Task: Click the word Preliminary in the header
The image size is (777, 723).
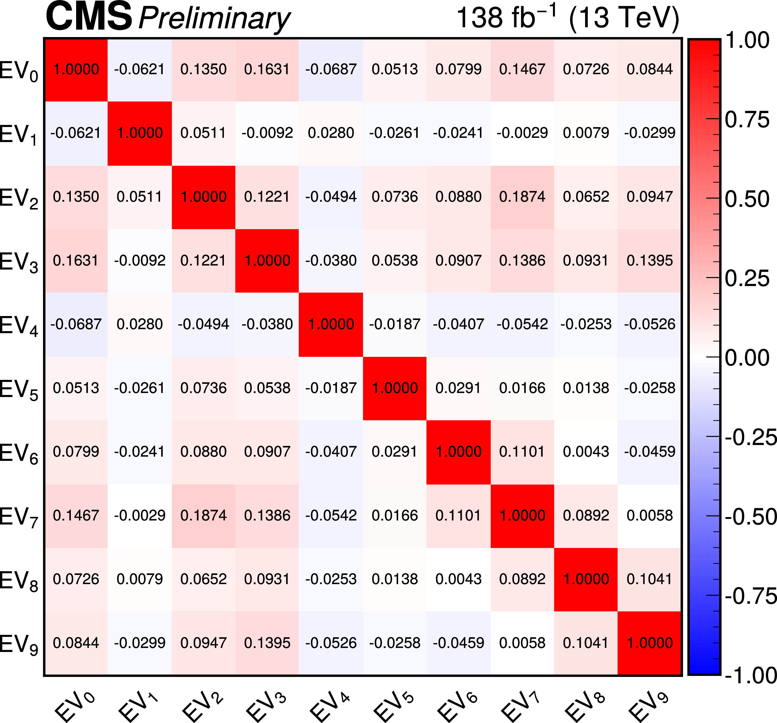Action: coord(214,19)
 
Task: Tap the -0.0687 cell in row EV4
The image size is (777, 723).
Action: coord(76,324)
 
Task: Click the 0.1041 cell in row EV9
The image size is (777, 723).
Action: coord(586,643)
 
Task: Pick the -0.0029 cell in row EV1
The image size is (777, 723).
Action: coord(522,133)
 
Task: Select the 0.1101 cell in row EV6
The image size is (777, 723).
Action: coord(522,452)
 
